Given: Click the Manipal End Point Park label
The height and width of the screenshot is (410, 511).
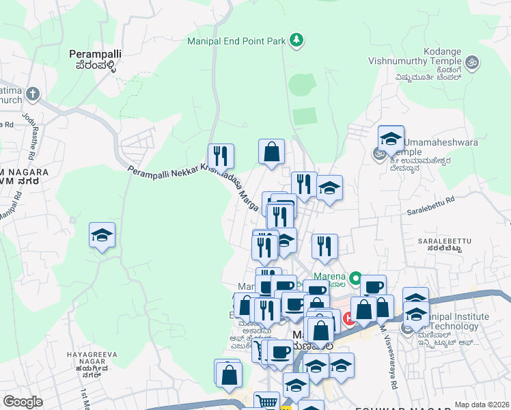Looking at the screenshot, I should [x=236, y=41].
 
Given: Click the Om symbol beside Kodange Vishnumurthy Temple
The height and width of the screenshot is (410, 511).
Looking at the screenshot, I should [x=471, y=64].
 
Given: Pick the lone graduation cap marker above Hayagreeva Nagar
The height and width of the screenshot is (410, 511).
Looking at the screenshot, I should [x=102, y=236].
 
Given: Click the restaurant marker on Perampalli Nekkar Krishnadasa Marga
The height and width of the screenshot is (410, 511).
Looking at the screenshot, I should [x=221, y=156].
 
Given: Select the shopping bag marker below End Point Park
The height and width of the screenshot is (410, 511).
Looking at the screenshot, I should [x=271, y=152].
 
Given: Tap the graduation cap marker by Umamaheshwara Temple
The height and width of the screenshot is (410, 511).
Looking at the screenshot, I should [x=391, y=139].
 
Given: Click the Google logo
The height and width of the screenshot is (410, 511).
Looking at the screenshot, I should [x=23, y=402].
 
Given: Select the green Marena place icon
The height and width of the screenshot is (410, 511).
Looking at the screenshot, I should [x=355, y=278].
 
